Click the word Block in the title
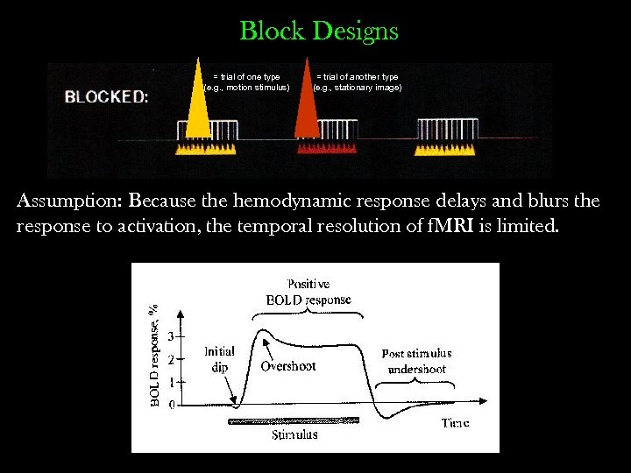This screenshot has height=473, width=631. click(x=271, y=32)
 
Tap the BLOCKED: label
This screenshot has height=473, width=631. click(x=107, y=97)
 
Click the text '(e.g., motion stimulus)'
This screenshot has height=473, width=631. click(x=246, y=88)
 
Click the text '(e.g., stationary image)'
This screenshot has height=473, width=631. click(x=358, y=88)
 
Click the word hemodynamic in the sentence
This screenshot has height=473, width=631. click(x=289, y=201)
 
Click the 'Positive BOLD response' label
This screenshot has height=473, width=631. click(x=308, y=292)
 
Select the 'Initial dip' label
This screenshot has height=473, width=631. click(x=219, y=359)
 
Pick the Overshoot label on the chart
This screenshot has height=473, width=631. click(x=287, y=366)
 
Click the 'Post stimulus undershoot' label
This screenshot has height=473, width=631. click(x=416, y=361)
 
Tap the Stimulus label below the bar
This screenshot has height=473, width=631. click(x=294, y=434)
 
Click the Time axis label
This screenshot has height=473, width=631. click(x=455, y=423)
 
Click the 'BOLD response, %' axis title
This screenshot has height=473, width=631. click(x=154, y=355)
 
